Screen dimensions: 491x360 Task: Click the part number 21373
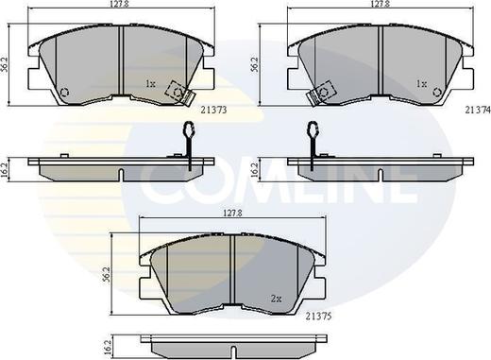[x=213, y=111]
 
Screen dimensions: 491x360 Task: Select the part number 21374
[x=478, y=110]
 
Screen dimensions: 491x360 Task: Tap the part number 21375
[x=318, y=317]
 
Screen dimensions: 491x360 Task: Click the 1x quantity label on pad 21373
[x=150, y=84]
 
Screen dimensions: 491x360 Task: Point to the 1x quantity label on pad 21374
[x=421, y=84]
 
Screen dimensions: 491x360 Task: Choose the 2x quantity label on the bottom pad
[x=276, y=299]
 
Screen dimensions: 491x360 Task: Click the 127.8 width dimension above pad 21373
[x=120, y=4]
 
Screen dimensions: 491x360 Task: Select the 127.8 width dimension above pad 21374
[x=381, y=4]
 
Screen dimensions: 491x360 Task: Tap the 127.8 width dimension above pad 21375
[x=232, y=213]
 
